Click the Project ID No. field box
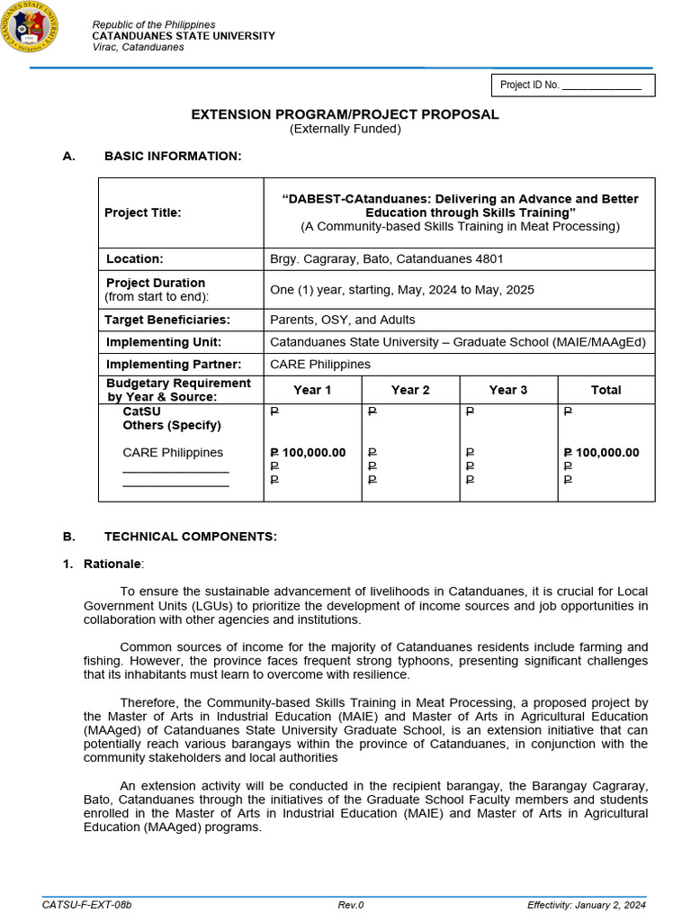pyautogui.click(x=572, y=86)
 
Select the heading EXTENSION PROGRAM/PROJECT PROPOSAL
pyautogui.click(x=345, y=114)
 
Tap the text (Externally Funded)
pyautogui.click(x=345, y=129)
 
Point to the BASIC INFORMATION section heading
pyautogui.click(x=173, y=157)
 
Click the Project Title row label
pyautogui.click(x=142, y=212)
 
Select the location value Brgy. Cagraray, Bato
pyautogui.click(x=386, y=259)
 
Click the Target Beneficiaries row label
pyautogui.click(x=167, y=320)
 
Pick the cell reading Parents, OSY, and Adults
pyautogui.click(x=343, y=320)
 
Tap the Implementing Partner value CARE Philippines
pyautogui.click(x=320, y=365)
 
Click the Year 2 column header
pyautogui.click(x=410, y=390)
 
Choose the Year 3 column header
pyautogui.click(x=508, y=390)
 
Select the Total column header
pyautogui.click(x=606, y=390)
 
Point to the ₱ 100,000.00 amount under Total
pyautogui.click(x=601, y=453)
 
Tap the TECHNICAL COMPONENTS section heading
pyautogui.click(x=191, y=537)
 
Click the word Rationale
pyautogui.click(x=112, y=564)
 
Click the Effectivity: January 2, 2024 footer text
pyautogui.click(x=586, y=905)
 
